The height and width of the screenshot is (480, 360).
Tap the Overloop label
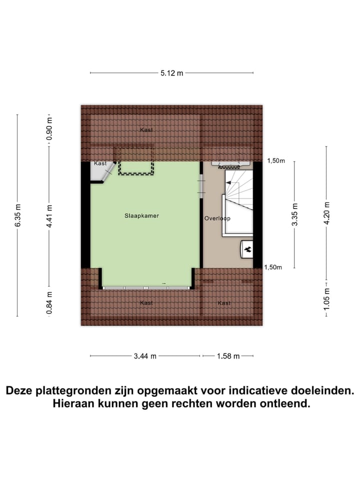click(x=216, y=218)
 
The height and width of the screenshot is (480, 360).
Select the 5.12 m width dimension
click(x=171, y=73)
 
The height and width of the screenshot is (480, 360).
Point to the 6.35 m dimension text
click(x=18, y=215)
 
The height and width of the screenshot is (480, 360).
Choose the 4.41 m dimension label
click(x=49, y=215)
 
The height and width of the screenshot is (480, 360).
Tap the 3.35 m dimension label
click(x=294, y=214)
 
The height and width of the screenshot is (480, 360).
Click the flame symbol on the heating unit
click(x=247, y=248)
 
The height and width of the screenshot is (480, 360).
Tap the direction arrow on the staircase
click(x=228, y=183)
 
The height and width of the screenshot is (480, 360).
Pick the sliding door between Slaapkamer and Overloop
click(x=201, y=185)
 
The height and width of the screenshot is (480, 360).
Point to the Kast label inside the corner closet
click(x=100, y=163)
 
